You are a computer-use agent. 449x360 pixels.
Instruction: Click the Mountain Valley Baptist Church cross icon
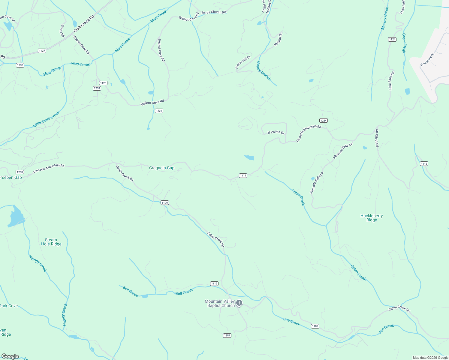(239, 303)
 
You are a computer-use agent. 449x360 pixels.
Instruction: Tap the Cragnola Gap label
(161, 168)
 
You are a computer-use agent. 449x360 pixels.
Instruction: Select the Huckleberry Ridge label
(372, 218)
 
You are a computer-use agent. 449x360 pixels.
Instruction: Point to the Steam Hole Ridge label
(51, 242)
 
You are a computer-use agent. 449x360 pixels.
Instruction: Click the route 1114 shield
(243, 175)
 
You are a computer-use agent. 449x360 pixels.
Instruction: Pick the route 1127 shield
(42, 51)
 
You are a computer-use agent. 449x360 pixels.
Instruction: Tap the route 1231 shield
(159, 111)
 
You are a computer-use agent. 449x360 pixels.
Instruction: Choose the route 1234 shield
(323, 121)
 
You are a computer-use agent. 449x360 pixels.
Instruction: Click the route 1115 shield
(424, 164)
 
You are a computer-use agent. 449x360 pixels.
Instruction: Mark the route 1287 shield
(227, 335)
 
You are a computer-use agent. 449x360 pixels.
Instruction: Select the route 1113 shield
(214, 283)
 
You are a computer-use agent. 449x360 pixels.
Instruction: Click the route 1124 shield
(392, 39)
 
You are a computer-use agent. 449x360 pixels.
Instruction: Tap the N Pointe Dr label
(276, 132)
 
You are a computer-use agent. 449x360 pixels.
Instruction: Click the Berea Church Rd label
(214, 12)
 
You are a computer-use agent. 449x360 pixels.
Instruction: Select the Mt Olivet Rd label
(377, 138)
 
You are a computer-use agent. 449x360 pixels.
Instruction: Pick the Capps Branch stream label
(264, 71)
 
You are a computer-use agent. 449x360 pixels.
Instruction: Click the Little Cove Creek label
(46, 119)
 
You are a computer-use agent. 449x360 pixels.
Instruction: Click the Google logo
(10, 356)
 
